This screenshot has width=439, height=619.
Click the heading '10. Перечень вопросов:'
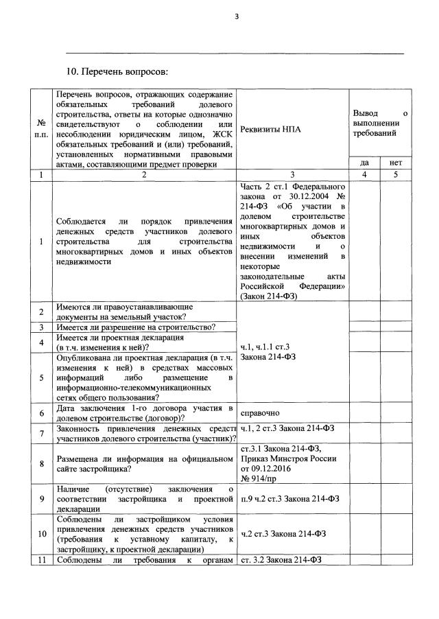[x=117, y=71]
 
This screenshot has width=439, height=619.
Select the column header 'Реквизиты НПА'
[x=271, y=128]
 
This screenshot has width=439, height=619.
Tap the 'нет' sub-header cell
[x=396, y=163]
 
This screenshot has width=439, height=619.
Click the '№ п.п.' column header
[x=41, y=128]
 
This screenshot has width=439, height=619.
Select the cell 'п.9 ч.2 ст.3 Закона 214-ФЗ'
[x=292, y=500]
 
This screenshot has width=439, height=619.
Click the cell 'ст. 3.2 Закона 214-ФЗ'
[x=281, y=561]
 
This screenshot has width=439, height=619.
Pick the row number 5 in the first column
[x=41, y=377]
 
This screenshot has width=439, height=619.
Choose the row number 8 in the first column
[x=41, y=464]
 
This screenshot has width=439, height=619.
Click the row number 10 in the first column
[x=41, y=534]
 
